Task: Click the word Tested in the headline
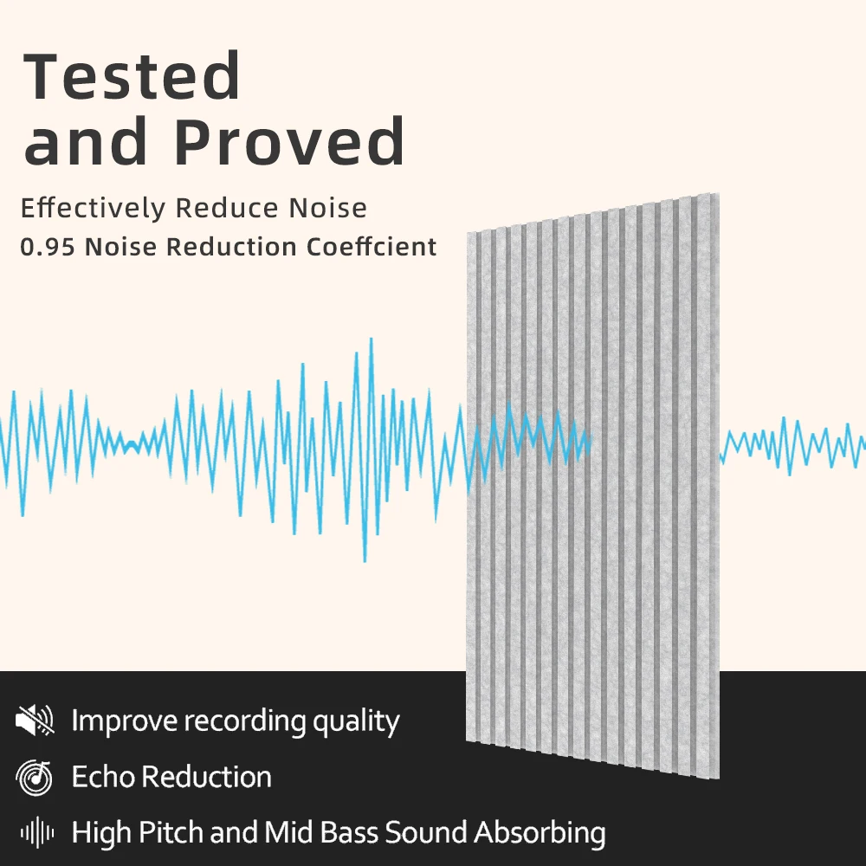(x=132, y=76)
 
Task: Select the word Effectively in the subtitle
(x=92, y=209)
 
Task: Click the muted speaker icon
(x=36, y=721)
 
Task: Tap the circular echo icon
(x=36, y=777)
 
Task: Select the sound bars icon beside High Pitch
(x=36, y=833)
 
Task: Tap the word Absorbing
(x=540, y=833)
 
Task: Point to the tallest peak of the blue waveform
(x=372, y=340)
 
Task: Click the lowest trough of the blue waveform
(x=365, y=559)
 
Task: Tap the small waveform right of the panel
(x=792, y=443)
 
